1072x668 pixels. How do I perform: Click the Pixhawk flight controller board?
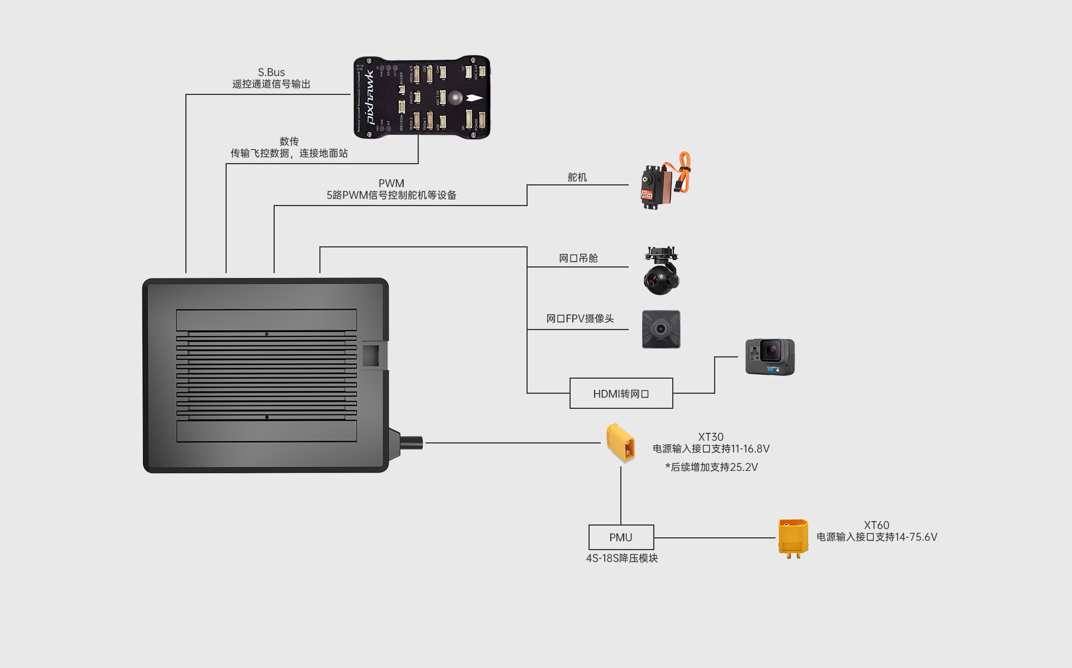click(x=422, y=97)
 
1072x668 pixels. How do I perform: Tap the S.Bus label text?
click(x=271, y=73)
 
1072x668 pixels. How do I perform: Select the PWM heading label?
click(x=391, y=183)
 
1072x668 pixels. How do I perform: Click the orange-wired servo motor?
click(x=663, y=181)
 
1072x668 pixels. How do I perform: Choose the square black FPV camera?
click(x=661, y=330)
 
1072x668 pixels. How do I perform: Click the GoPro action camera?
click(x=769, y=357)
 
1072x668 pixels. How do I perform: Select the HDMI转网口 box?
click(x=621, y=394)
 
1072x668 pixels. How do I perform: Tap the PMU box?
click(x=621, y=537)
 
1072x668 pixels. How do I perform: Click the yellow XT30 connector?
click(x=621, y=443)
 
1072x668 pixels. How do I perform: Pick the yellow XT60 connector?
click(x=793, y=538)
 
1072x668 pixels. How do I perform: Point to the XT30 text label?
click(x=711, y=437)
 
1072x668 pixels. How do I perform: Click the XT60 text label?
click(x=877, y=525)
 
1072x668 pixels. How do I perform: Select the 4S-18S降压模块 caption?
click(x=622, y=559)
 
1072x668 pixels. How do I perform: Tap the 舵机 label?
click(x=577, y=178)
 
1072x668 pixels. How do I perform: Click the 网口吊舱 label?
click(x=578, y=258)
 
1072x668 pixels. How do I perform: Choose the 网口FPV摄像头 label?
click(x=580, y=318)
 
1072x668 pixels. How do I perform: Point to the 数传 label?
click(x=289, y=141)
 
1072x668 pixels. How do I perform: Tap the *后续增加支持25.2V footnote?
click(x=711, y=467)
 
